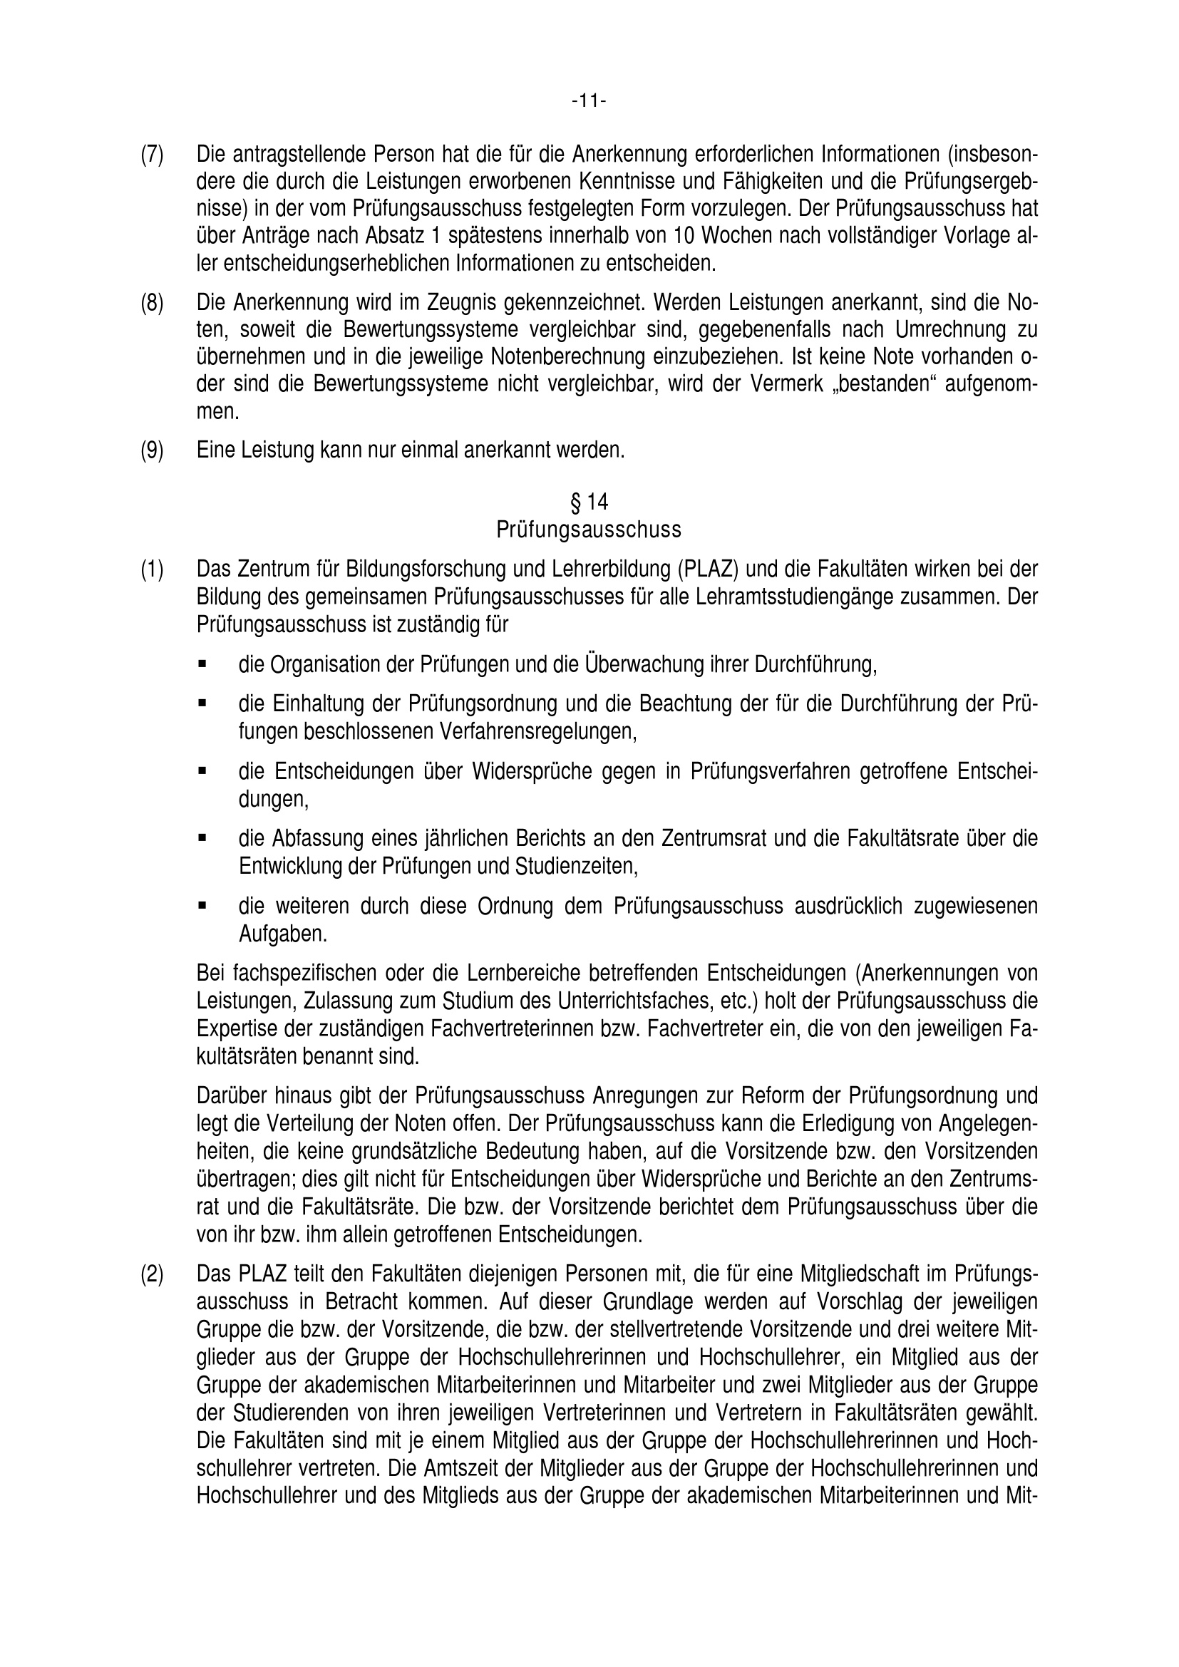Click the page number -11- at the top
coord(588,101)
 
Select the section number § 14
coord(589,502)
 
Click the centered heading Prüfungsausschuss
coord(589,530)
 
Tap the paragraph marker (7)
coord(152,155)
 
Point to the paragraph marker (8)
coord(152,303)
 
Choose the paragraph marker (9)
coord(152,450)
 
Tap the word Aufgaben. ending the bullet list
coord(283,934)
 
